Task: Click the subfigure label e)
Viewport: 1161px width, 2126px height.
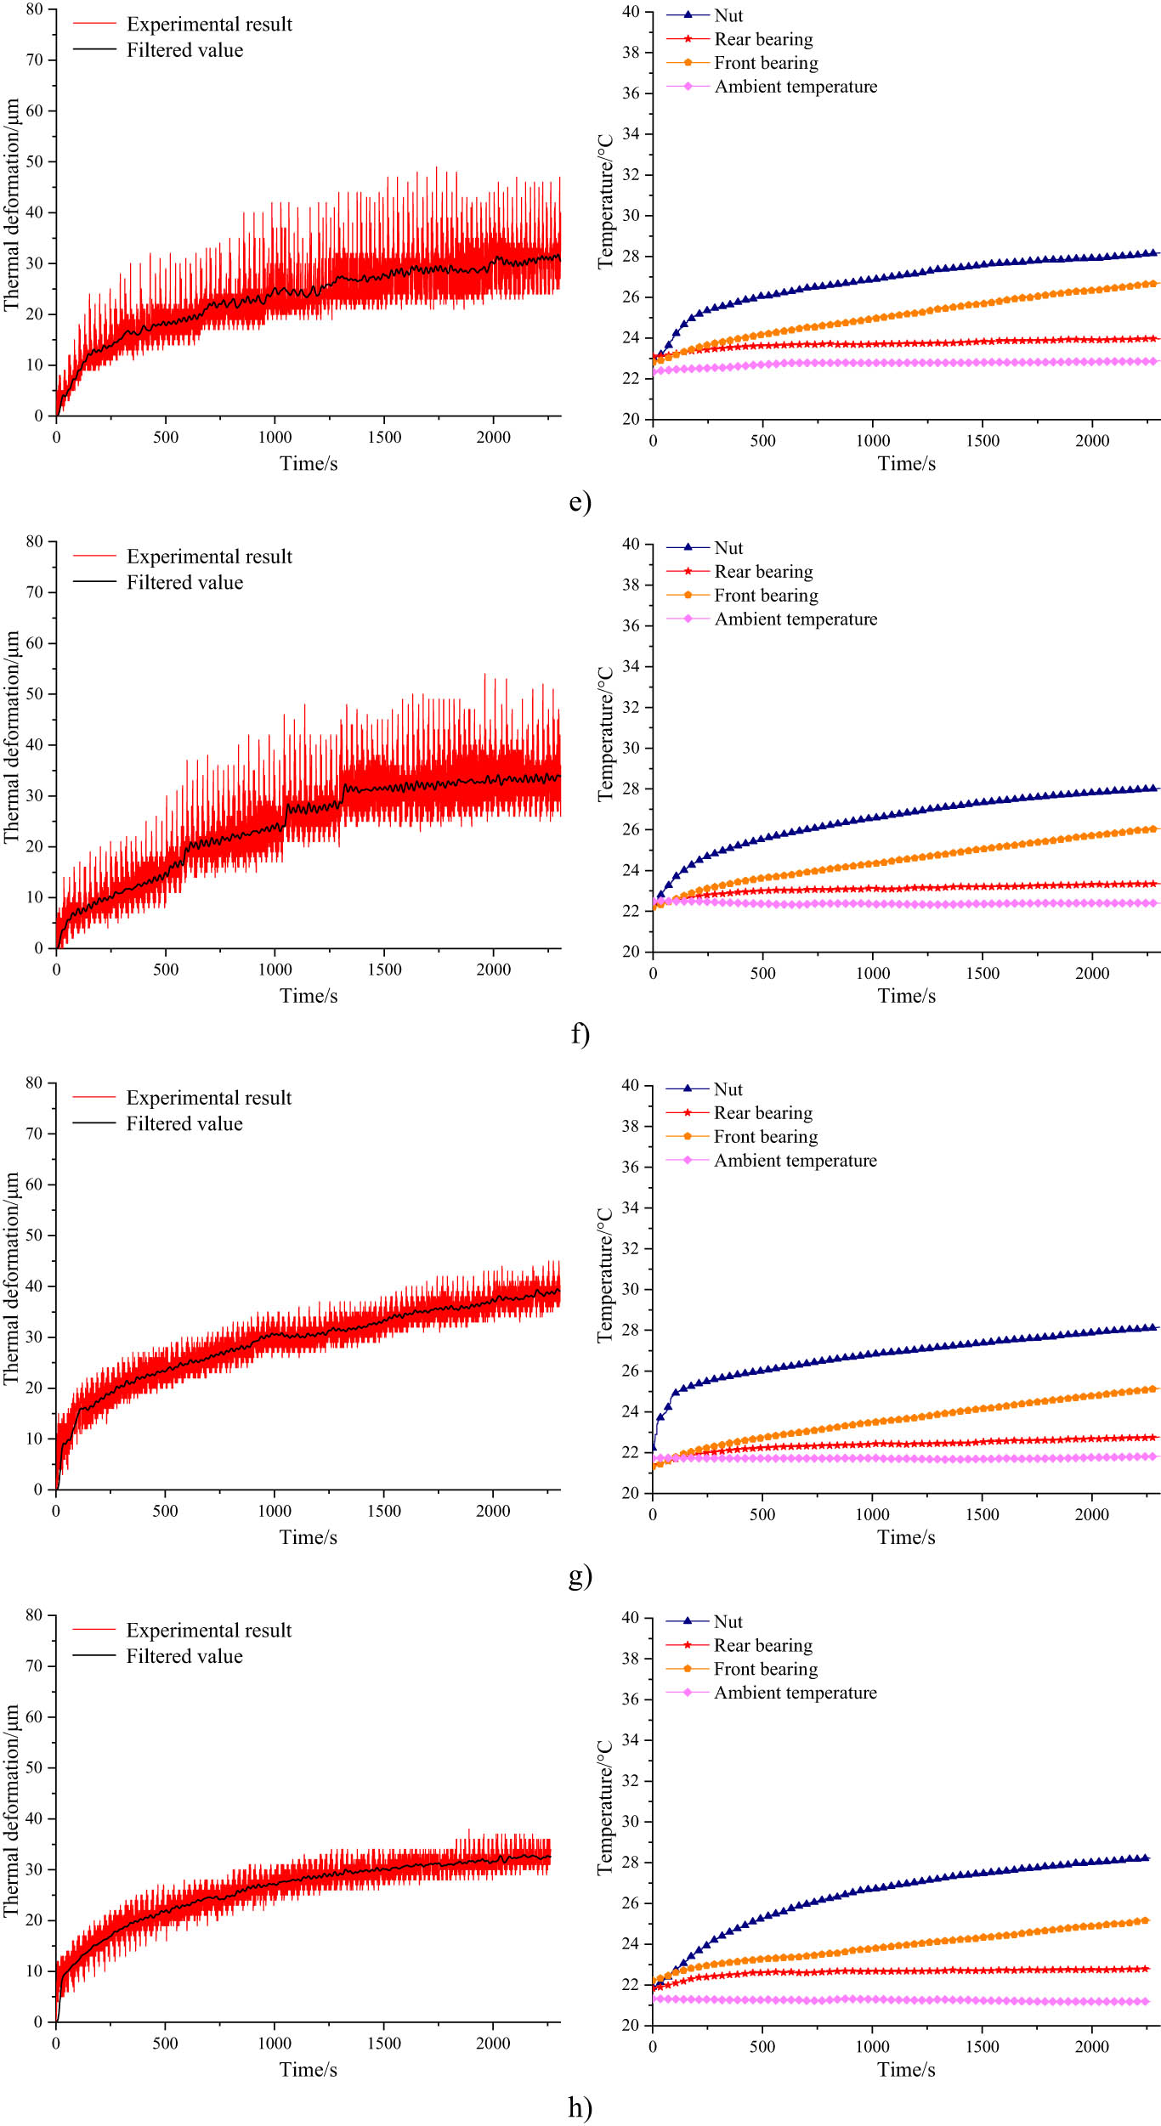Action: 580,501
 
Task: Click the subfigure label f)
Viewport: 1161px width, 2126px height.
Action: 580,1033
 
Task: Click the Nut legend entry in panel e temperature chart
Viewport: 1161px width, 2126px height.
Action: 728,15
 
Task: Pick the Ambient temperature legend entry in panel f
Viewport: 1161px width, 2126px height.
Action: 796,619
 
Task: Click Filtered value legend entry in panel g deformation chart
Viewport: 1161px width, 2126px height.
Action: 184,1123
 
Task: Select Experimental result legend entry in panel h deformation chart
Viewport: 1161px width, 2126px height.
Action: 208,1630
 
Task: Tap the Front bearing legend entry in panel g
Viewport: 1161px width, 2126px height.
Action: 765,1136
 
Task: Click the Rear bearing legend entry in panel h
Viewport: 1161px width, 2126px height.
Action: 762,1645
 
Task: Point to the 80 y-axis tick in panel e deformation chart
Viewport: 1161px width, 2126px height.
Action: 34,9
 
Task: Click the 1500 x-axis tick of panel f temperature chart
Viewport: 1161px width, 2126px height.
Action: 983,973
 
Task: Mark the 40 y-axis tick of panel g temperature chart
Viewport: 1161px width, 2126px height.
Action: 630,1085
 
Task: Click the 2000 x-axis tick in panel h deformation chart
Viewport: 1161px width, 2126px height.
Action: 493,2043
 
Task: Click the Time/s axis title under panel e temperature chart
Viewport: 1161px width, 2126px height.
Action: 906,463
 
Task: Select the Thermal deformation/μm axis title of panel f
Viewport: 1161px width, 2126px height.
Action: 11,738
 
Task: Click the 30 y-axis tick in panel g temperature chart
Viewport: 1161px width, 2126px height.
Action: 630,1289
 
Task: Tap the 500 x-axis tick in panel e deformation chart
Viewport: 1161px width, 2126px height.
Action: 166,437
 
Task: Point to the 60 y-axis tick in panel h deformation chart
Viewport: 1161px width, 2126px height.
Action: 34,1716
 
